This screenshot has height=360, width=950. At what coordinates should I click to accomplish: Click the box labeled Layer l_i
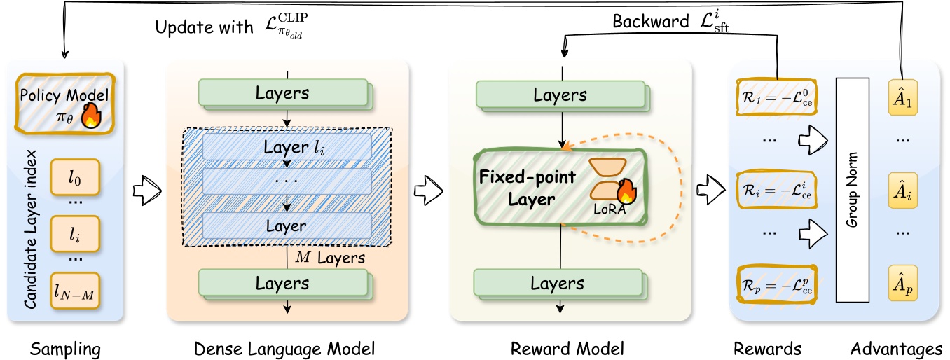click(x=286, y=148)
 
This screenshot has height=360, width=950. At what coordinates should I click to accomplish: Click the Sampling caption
click(x=67, y=347)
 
